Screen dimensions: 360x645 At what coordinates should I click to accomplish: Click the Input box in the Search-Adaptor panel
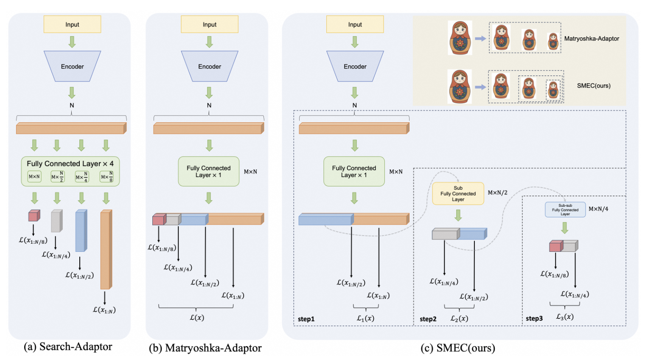click(72, 24)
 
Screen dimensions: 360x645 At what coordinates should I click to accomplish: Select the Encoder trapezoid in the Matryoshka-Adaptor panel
click(210, 66)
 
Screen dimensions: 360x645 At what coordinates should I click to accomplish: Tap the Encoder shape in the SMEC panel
click(355, 66)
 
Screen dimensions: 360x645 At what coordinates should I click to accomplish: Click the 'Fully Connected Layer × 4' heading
click(70, 163)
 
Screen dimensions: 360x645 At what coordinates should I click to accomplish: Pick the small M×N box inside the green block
click(34, 177)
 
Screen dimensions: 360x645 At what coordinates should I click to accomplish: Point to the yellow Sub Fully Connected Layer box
click(458, 194)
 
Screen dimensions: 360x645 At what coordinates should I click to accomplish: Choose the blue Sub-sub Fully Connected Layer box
click(565, 210)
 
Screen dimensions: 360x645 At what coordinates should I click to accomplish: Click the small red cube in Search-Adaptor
click(34, 216)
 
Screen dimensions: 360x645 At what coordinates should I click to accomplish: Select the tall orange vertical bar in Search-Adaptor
click(106, 250)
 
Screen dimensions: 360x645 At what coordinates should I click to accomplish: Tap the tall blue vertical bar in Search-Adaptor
click(81, 231)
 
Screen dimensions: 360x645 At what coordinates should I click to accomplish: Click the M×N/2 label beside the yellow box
click(497, 193)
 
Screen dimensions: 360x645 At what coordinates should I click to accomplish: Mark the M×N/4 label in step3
click(598, 209)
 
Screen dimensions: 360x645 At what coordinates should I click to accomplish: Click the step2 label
click(428, 319)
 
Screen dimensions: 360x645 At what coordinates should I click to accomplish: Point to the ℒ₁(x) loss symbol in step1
click(365, 318)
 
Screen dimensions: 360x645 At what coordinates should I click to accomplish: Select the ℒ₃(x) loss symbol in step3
click(565, 317)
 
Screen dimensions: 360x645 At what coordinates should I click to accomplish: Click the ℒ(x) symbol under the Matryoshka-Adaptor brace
click(197, 317)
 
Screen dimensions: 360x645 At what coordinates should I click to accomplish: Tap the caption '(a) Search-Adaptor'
click(68, 347)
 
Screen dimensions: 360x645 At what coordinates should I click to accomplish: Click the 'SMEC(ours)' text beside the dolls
click(593, 86)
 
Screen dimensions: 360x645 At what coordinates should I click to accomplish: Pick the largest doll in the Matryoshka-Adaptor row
click(460, 38)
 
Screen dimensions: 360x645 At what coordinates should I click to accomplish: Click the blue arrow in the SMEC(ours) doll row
click(480, 87)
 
